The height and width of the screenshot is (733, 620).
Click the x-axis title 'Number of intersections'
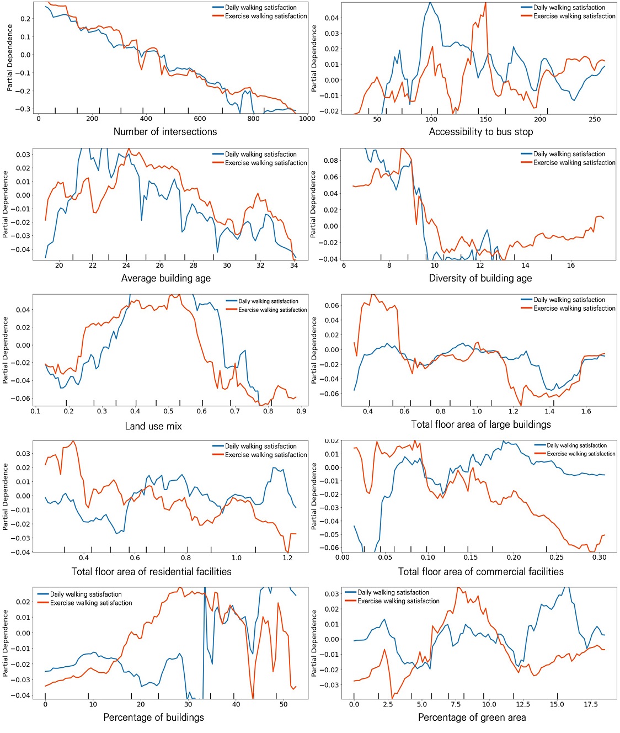click(x=165, y=131)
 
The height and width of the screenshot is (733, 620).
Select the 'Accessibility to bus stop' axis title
click(x=480, y=131)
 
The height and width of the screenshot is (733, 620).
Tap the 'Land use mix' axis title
click(x=153, y=426)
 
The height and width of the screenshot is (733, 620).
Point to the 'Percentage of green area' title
click(x=472, y=717)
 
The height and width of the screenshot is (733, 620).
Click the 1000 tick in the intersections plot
click(x=307, y=119)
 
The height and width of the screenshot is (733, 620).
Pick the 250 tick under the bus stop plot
click(x=594, y=119)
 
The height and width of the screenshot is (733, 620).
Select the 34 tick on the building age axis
click(x=294, y=265)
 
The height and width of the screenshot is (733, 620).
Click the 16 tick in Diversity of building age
click(x=570, y=265)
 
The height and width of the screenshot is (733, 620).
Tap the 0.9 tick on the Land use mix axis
click(x=301, y=411)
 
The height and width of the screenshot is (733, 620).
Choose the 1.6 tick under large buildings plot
click(x=586, y=411)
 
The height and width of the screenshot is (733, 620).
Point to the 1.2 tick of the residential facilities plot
click(x=287, y=558)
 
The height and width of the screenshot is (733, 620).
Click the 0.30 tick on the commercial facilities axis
click(x=599, y=557)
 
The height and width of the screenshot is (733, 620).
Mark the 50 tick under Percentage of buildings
click(x=283, y=704)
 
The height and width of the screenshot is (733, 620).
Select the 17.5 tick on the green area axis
click(x=591, y=704)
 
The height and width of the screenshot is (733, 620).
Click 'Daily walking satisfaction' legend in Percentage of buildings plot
click(x=85, y=594)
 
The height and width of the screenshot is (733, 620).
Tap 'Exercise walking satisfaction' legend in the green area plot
click(x=398, y=601)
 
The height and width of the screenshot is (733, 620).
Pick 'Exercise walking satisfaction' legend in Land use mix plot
click(x=272, y=310)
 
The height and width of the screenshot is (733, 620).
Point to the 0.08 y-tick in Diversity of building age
click(x=331, y=161)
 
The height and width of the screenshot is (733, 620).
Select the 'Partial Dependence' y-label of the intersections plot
click(x=10, y=58)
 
